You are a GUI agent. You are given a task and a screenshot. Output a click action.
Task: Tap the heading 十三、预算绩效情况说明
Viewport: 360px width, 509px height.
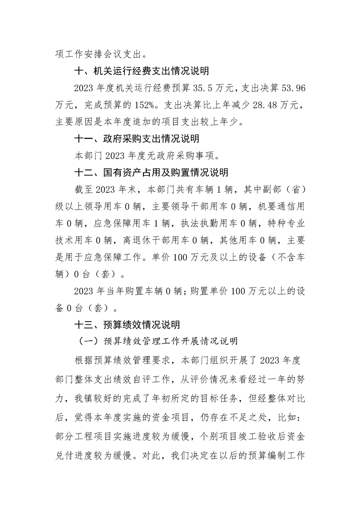127,325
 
